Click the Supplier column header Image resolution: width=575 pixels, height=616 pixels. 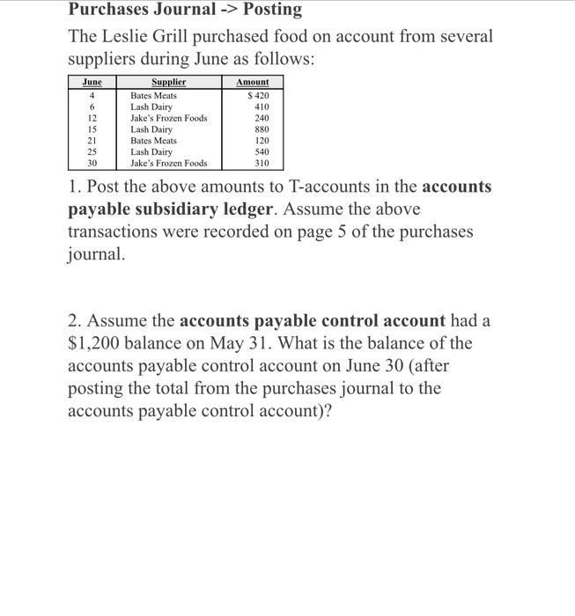click(168, 82)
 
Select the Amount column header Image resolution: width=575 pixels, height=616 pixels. click(253, 82)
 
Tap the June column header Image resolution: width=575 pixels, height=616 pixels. click(92, 82)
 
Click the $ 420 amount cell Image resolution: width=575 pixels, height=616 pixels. click(258, 95)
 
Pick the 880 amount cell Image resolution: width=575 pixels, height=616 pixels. click(262, 129)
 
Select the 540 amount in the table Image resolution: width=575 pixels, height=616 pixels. click(262, 152)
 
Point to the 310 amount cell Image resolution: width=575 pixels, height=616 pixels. click(262, 164)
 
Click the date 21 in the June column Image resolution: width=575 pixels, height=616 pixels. click(92, 141)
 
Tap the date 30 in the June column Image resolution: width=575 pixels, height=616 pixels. click(92, 164)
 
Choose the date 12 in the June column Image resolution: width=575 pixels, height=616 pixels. click(92, 118)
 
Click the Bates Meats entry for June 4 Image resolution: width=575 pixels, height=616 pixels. click(153, 95)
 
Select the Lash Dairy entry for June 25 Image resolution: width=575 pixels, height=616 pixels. click(151, 152)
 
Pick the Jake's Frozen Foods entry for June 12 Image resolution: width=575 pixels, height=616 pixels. click(169, 118)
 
